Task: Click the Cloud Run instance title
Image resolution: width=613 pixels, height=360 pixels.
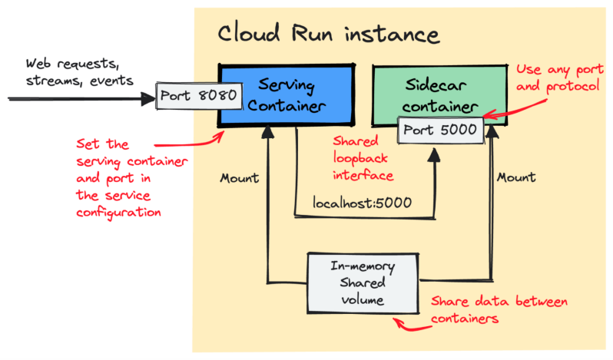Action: [329, 35]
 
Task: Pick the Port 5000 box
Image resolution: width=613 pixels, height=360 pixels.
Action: [441, 130]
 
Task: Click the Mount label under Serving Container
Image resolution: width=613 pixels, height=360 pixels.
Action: [239, 177]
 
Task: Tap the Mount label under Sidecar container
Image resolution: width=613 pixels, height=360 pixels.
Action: [515, 177]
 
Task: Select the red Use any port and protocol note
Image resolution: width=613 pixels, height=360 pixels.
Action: [556, 78]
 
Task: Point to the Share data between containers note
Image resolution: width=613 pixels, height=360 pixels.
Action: [499, 309]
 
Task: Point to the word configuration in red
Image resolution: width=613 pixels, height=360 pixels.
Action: [118, 213]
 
